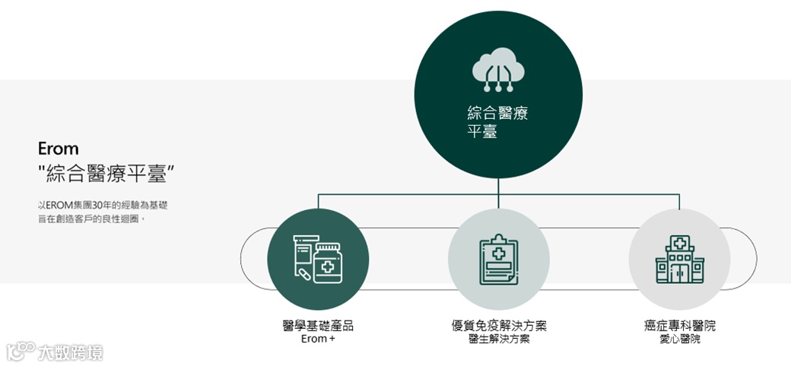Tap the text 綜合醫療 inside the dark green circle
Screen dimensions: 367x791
[x=497, y=114]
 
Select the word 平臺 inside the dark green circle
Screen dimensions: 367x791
[x=482, y=131]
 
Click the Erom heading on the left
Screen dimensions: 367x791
[x=59, y=148]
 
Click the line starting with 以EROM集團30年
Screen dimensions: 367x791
[x=103, y=205]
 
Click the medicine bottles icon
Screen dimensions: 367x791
[x=318, y=259]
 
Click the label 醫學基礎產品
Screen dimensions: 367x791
[x=318, y=326]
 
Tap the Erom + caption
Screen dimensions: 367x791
[x=318, y=340]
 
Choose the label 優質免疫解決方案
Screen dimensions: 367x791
[x=498, y=326]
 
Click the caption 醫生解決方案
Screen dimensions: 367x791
[x=498, y=340]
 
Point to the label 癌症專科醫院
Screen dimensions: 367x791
[x=679, y=326]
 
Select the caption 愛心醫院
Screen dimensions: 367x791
[x=679, y=340]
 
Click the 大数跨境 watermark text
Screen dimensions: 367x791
[x=72, y=352]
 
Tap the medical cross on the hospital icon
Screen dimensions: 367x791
[x=679, y=244]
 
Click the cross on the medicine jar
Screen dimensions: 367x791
[x=328, y=267]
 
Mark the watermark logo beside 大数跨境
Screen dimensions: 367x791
[x=21, y=350]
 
